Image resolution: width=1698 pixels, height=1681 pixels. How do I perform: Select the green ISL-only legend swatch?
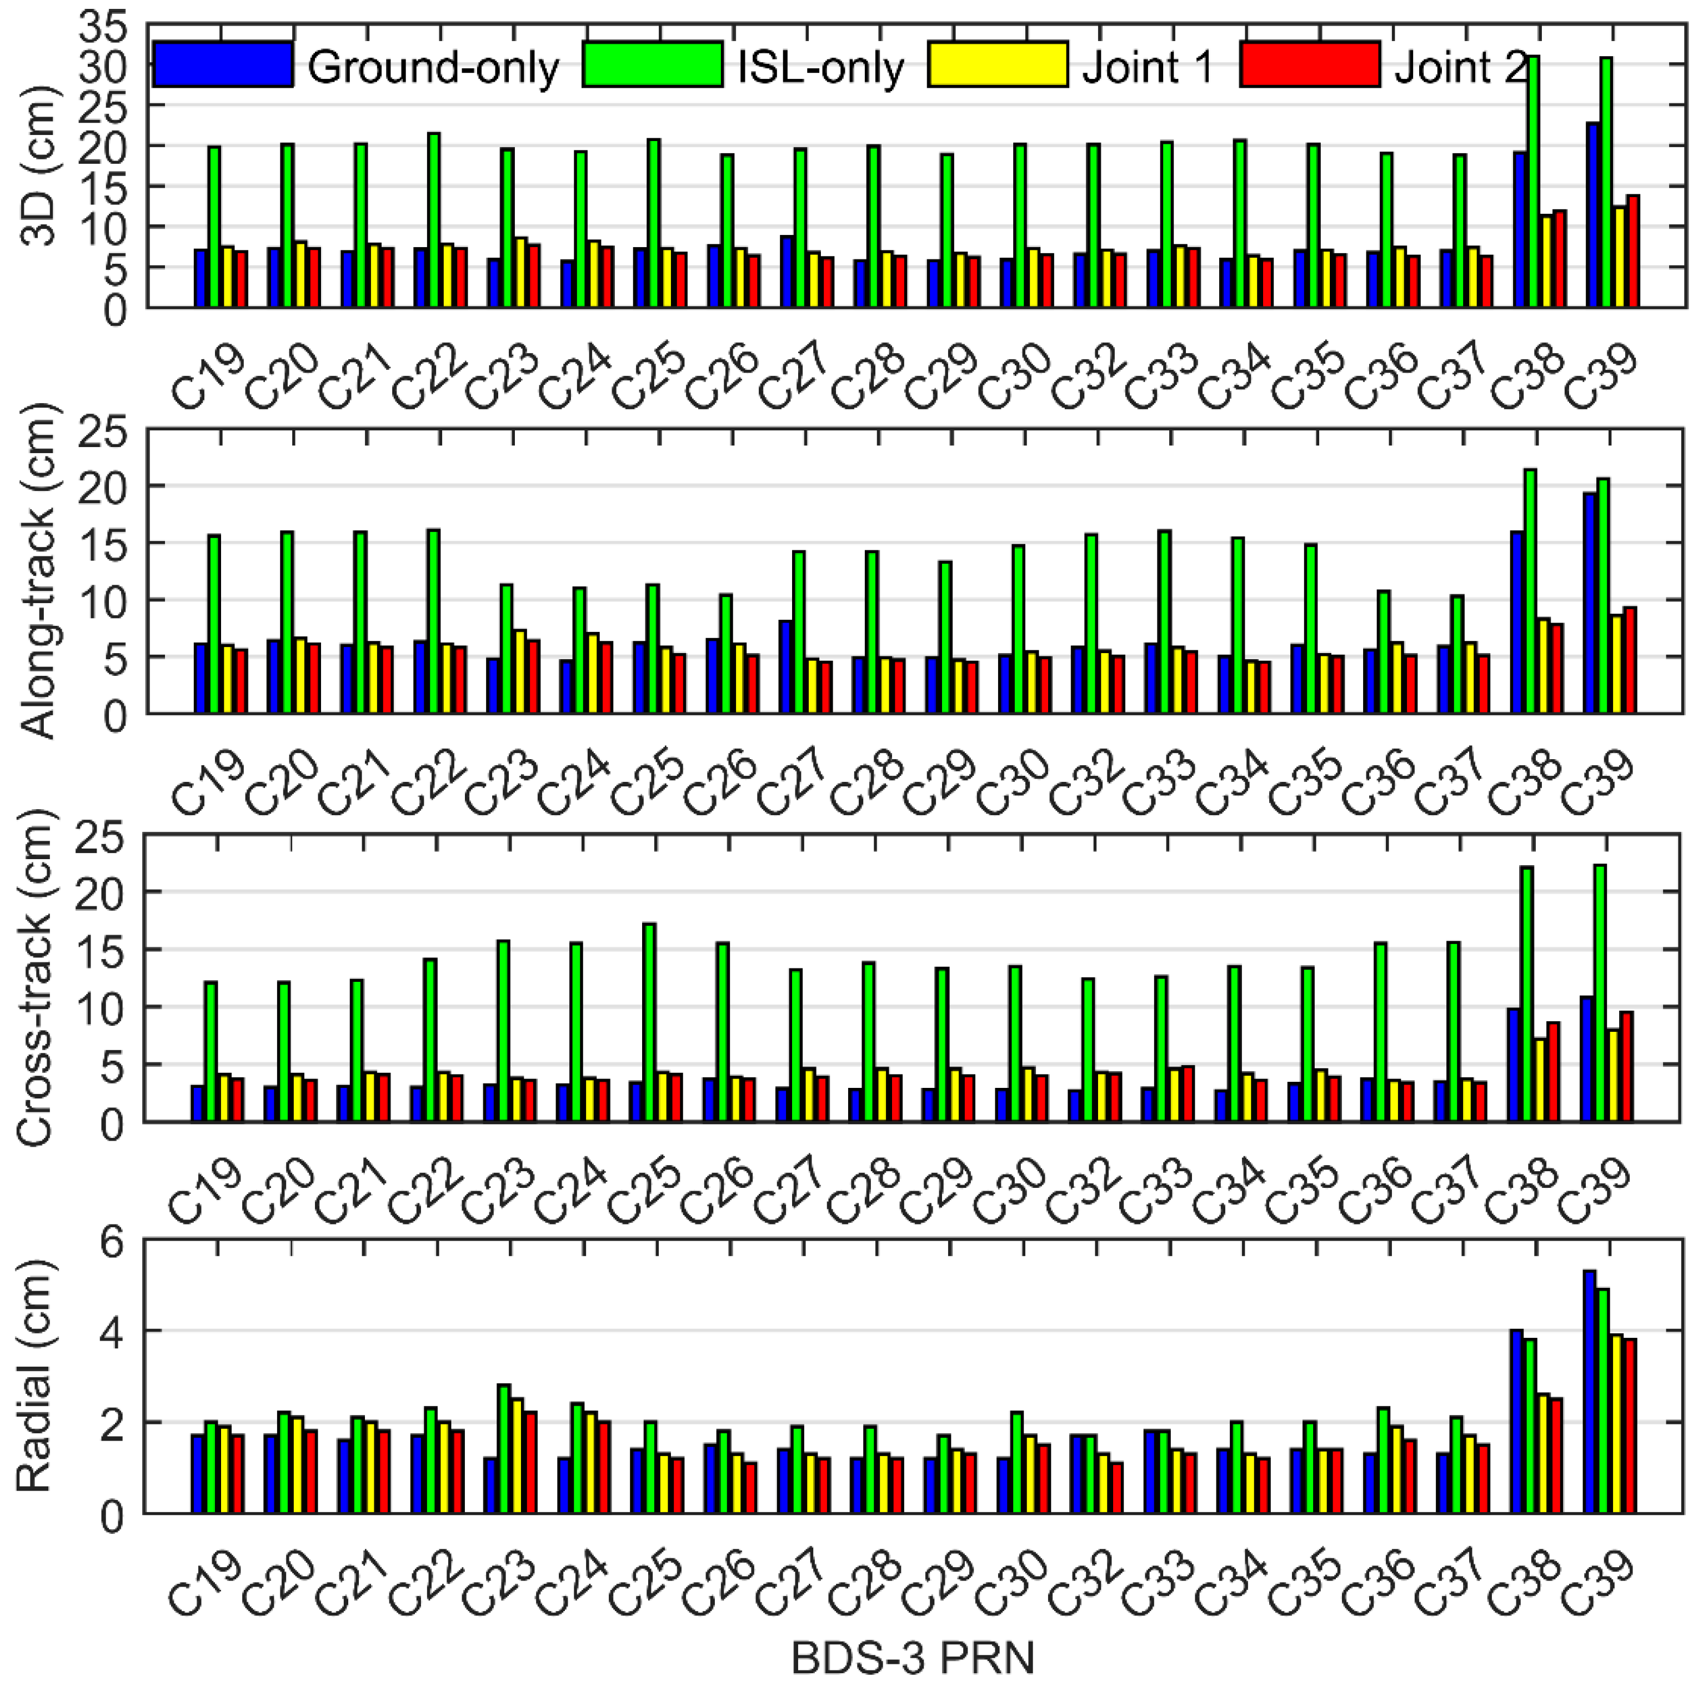tap(652, 64)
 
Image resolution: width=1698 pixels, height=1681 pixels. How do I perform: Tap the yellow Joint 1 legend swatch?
tap(998, 64)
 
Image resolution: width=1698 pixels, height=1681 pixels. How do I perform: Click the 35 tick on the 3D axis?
tap(102, 26)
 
